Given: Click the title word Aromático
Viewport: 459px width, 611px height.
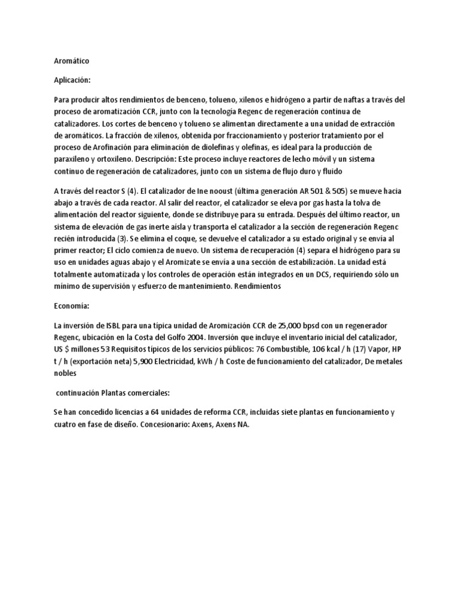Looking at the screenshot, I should click(x=72, y=60).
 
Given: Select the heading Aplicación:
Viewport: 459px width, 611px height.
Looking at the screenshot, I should click(x=73, y=80).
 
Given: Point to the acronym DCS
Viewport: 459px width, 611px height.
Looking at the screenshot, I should click(x=304, y=274).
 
